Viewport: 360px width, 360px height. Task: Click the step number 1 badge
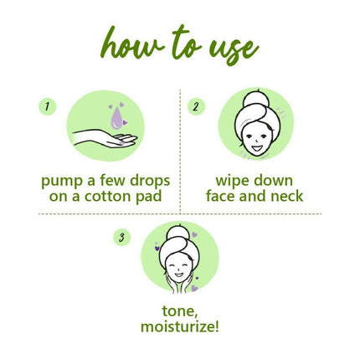[x=48, y=106]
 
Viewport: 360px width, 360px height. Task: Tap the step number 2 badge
[x=195, y=106]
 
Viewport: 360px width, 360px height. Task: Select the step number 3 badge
[x=123, y=238]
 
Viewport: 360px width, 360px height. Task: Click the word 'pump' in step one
[x=61, y=180]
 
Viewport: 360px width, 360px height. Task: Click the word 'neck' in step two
[x=285, y=197]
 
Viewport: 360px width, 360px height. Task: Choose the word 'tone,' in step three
[x=179, y=309]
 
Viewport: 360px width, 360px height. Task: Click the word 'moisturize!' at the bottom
[x=179, y=326]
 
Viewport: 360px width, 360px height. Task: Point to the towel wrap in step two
[x=256, y=105]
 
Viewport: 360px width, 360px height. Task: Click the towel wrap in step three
[x=179, y=237]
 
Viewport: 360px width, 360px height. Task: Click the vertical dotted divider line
[x=179, y=151]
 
